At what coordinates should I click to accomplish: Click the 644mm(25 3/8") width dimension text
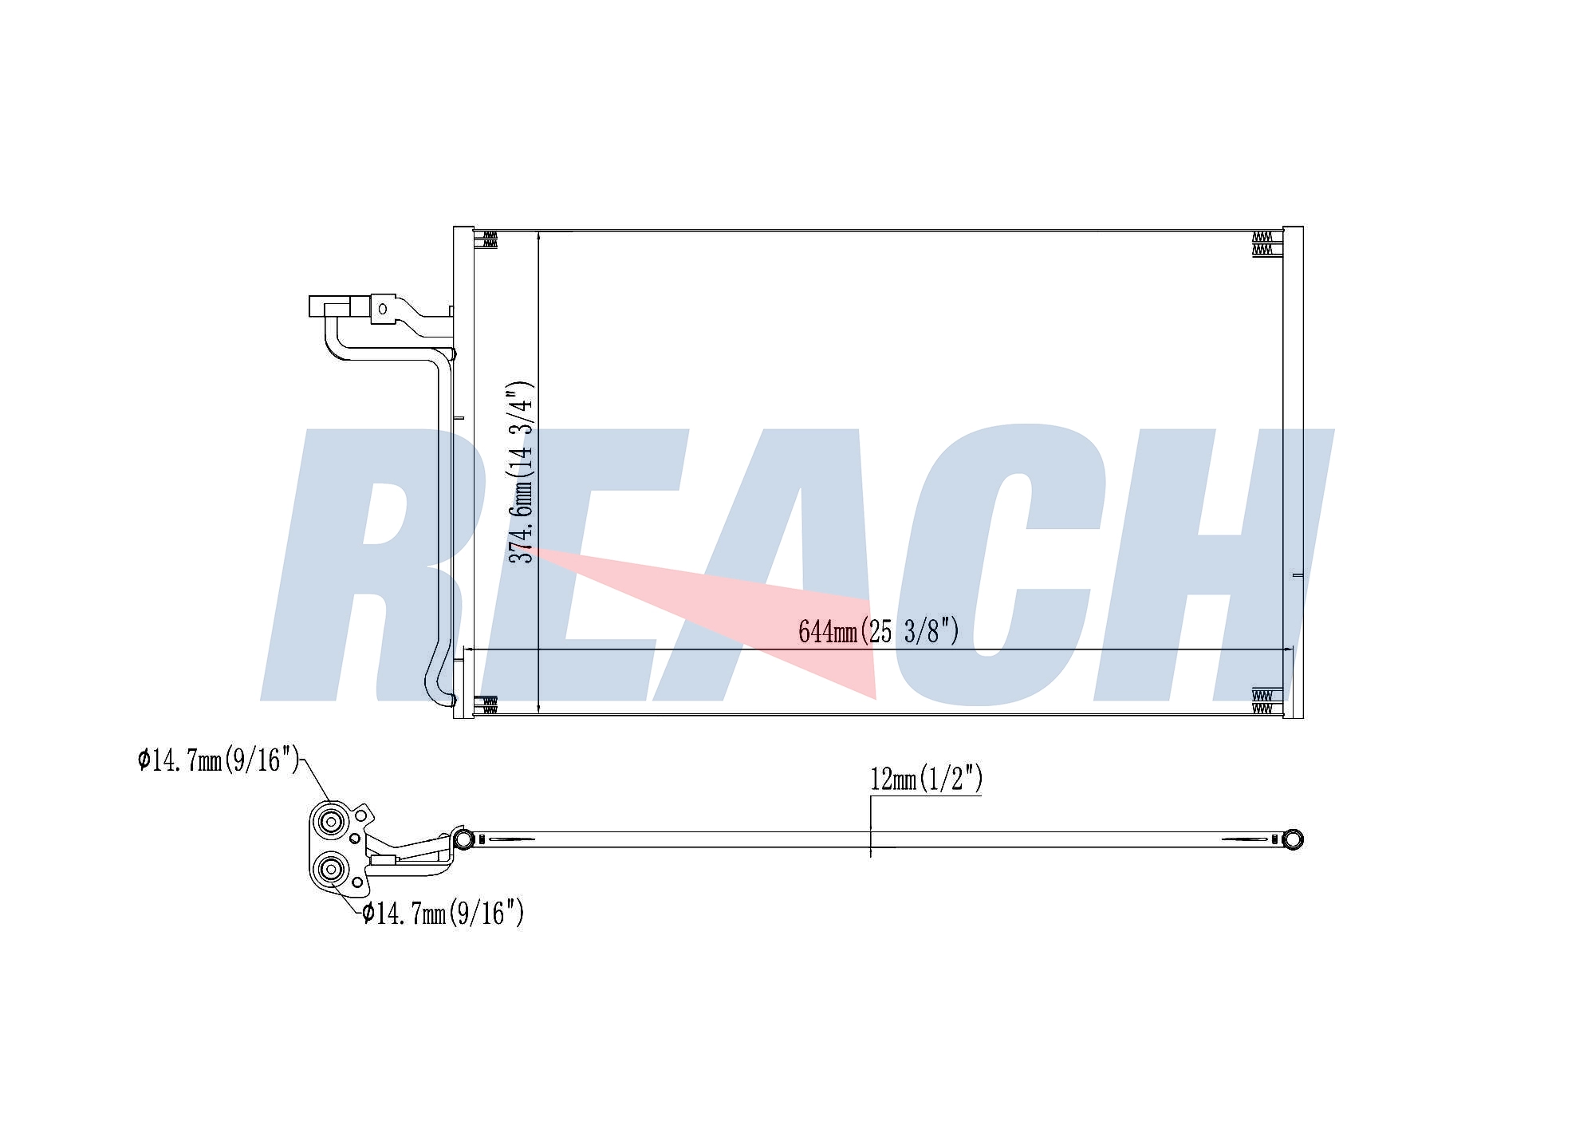[x=878, y=631]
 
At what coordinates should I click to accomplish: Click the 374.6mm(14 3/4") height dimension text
[x=522, y=472]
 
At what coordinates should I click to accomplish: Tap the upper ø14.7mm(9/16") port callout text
[x=219, y=760]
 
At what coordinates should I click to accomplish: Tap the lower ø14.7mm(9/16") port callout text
[x=443, y=912]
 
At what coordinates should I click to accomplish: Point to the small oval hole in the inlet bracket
[x=383, y=308]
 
